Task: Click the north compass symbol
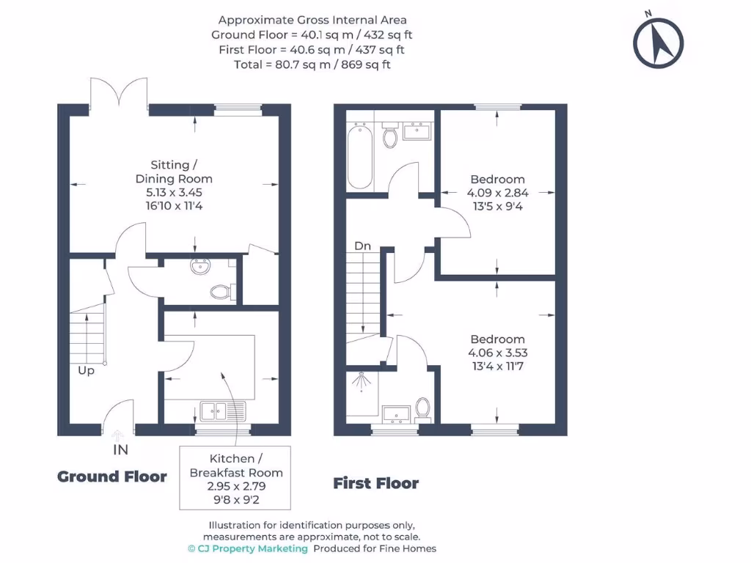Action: pyautogui.click(x=658, y=42)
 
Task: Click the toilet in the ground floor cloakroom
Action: pyautogui.click(x=221, y=292)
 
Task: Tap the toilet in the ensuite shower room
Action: pyautogui.click(x=422, y=407)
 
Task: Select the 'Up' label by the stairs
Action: pyautogui.click(x=87, y=371)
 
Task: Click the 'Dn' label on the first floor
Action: pyautogui.click(x=362, y=246)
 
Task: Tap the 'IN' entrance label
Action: pyautogui.click(x=120, y=449)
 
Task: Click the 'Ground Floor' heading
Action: pyautogui.click(x=112, y=476)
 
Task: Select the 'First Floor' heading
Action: pyautogui.click(x=375, y=483)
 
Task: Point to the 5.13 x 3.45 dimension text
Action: pyautogui.click(x=174, y=193)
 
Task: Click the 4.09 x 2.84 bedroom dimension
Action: pyautogui.click(x=497, y=193)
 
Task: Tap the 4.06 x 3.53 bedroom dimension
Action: pyautogui.click(x=497, y=353)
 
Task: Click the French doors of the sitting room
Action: pyautogui.click(x=119, y=95)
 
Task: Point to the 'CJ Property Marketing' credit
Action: pyautogui.click(x=251, y=548)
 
